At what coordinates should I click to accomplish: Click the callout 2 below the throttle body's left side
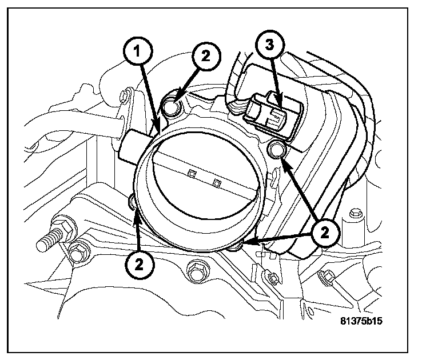point(139,263)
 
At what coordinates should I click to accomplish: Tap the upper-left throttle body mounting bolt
point(172,105)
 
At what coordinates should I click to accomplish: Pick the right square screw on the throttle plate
point(216,182)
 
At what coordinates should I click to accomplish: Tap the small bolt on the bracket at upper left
point(123,97)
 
